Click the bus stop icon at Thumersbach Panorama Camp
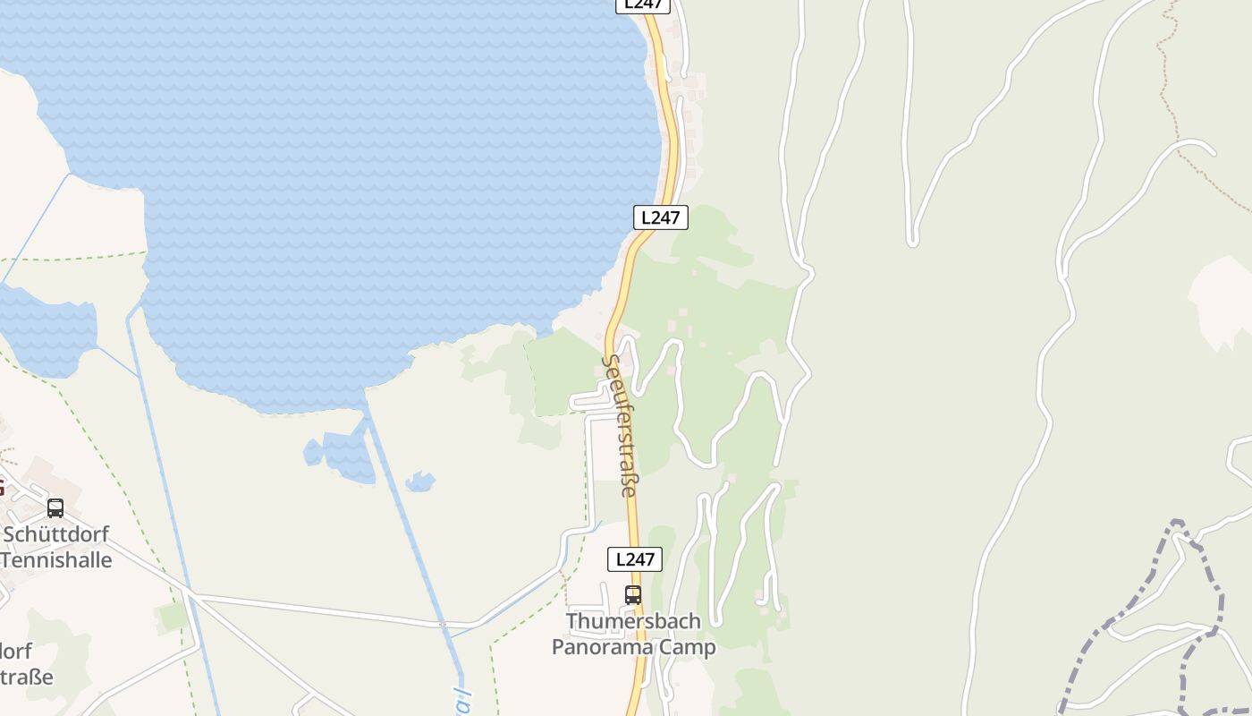[x=633, y=594]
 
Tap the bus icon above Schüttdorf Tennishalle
[x=55, y=508]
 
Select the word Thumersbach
[x=633, y=621]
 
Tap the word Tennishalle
[x=56, y=560]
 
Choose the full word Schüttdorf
[x=56, y=534]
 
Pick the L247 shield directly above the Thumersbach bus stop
[x=635, y=559]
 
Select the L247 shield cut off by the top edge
[x=643, y=4]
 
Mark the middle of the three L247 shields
[x=661, y=217]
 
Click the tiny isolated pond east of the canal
[x=419, y=482]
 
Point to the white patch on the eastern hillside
[x=1221, y=300]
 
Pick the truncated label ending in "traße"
[x=27, y=677]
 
